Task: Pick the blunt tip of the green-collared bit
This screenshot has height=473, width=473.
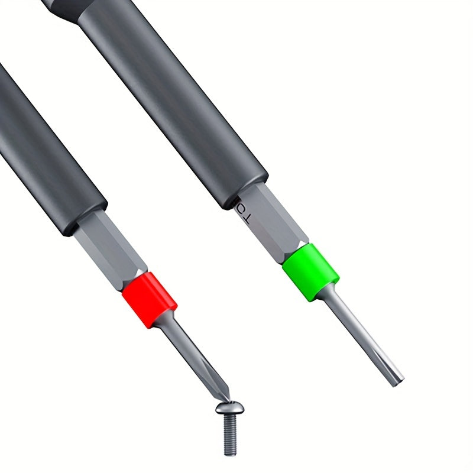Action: click(x=398, y=379)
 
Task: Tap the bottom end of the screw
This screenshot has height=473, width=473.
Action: click(x=231, y=453)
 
